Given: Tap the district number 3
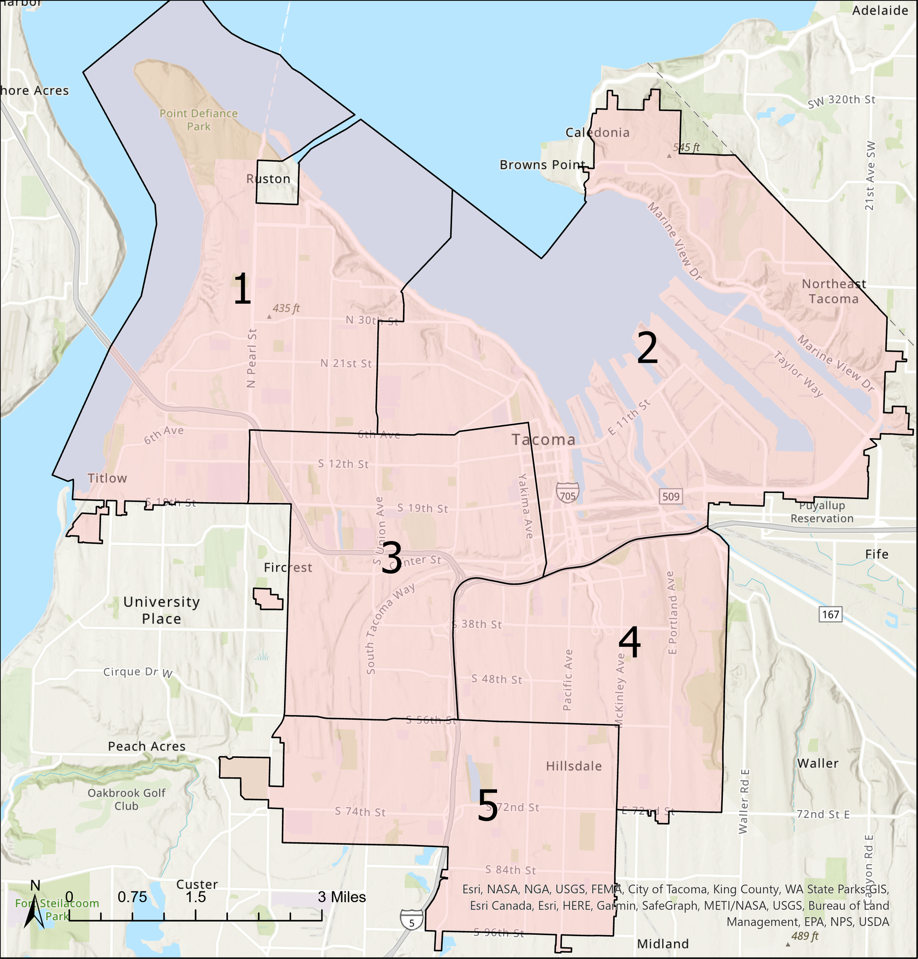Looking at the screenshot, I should coord(391,557).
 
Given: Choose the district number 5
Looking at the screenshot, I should coord(487,805).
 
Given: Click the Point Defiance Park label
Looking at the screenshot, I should coord(199,120).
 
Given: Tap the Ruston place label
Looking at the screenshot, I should coord(269,179).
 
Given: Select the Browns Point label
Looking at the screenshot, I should coord(543,165).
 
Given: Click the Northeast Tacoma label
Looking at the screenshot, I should coord(834,291).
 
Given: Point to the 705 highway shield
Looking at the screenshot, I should coord(567,492).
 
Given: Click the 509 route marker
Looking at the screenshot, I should coord(671,496).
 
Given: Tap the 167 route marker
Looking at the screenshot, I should coord(830,614).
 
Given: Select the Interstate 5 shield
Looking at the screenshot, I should coord(411,920).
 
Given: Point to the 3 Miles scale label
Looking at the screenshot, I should coord(342,897).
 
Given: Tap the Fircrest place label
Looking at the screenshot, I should coord(288,568).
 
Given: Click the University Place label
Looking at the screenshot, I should coord(162,610).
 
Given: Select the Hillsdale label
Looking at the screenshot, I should coord(574,766).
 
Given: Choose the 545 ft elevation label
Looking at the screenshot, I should coord(686,147).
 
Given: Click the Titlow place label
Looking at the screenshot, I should coord(107,478).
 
